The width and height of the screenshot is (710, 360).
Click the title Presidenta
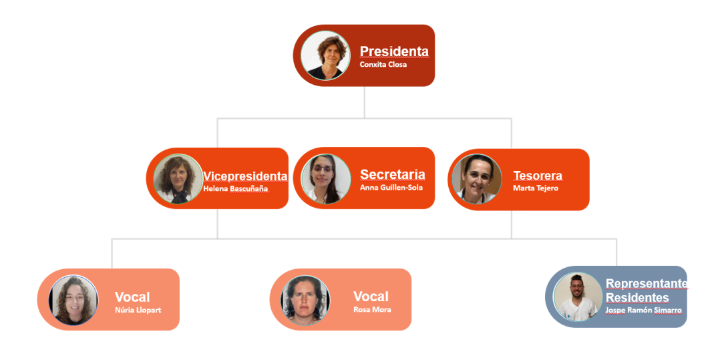click(x=394, y=51)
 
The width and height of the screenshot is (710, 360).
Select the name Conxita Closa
click(x=383, y=65)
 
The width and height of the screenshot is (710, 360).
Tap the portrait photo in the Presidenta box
click(x=325, y=55)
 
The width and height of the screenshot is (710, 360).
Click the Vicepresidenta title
click(x=245, y=176)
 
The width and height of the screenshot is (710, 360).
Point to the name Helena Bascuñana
click(x=234, y=189)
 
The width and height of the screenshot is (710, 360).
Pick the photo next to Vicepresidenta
click(x=178, y=178)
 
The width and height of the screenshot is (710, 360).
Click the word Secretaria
click(x=392, y=174)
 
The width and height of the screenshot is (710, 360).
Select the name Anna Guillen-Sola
click(x=391, y=188)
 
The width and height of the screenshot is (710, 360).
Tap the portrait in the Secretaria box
click(x=325, y=179)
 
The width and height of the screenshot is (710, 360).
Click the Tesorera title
click(x=537, y=176)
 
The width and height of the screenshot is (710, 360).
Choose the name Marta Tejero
click(x=535, y=188)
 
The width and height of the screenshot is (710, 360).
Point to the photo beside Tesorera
click(x=476, y=179)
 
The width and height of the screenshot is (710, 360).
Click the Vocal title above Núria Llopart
click(x=132, y=297)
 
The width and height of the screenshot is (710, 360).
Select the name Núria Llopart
click(x=138, y=310)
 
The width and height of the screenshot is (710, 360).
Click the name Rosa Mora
click(x=372, y=310)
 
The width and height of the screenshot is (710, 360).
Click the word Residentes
click(x=637, y=297)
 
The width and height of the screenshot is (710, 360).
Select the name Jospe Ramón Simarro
click(x=643, y=311)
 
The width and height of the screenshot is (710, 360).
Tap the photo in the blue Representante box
click(x=578, y=297)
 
